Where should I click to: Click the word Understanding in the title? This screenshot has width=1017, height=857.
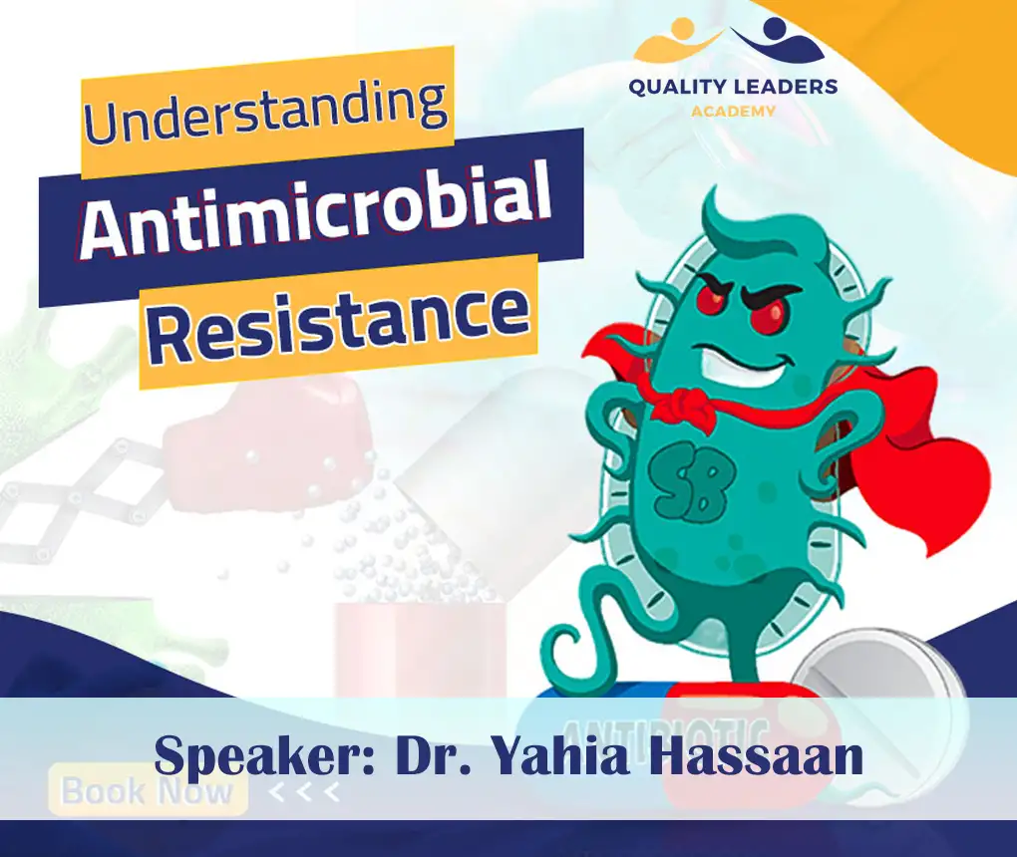click(265, 106)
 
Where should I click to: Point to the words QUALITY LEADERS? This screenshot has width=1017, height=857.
click(733, 88)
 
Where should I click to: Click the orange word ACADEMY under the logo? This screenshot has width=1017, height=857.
click(733, 111)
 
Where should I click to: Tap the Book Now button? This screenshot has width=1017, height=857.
click(148, 792)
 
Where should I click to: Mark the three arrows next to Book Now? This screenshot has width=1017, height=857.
click(304, 793)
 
